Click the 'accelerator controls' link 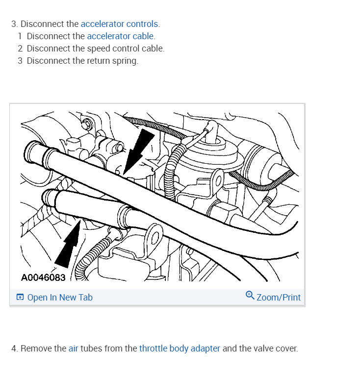click(x=120, y=24)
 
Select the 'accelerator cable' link click(x=120, y=36)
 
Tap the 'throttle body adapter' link click(x=180, y=349)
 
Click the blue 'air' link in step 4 click(x=73, y=349)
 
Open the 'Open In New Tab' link click(x=59, y=297)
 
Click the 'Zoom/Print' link click(x=278, y=297)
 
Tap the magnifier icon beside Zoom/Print click(x=250, y=295)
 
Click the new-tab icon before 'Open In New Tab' click(x=20, y=297)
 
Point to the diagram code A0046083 click(x=43, y=277)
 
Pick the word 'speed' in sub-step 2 click(x=98, y=49)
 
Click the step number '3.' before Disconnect click(x=15, y=24)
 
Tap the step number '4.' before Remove click(x=15, y=349)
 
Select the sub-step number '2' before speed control click(x=20, y=49)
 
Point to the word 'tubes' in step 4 click(x=92, y=349)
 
